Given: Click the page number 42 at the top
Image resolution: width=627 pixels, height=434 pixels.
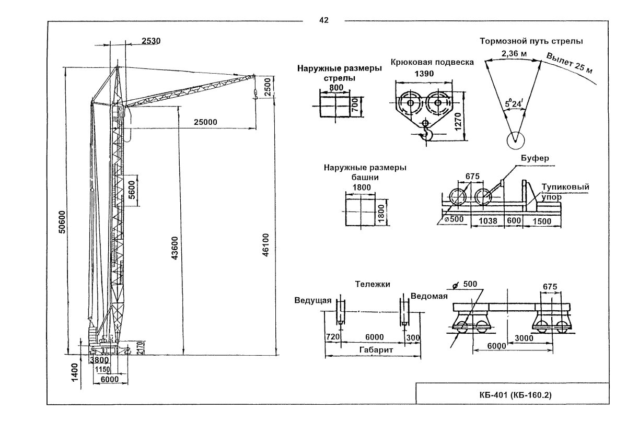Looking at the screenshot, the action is click(323, 20).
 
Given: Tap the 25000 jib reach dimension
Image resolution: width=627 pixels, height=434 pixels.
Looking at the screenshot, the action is click(205, 122).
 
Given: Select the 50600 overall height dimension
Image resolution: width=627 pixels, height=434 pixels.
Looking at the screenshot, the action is click(62, 222).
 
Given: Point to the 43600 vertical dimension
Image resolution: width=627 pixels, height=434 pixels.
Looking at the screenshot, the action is click(175, 248).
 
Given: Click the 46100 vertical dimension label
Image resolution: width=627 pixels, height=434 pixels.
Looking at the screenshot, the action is click(265, 245).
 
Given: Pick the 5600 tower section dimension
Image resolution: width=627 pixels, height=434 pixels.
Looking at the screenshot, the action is click(132, 190).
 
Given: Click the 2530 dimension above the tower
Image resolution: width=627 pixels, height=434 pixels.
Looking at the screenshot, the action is click(151, 41).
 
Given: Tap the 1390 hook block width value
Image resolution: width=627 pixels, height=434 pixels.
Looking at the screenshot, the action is click(424, 74).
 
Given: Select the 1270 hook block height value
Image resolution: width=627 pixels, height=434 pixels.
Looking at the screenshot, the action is click(458, 122).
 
